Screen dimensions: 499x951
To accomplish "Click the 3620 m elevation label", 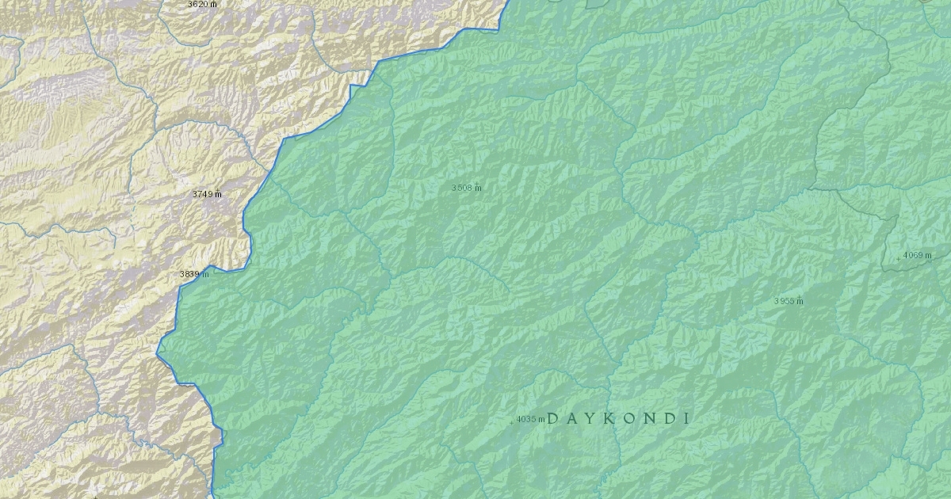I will tap(202, 4).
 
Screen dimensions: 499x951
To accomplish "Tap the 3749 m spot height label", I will tap(207, 194).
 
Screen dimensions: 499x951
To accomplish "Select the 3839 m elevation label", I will tap(194, 274).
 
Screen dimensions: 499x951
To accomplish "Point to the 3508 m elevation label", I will tap(467, 188).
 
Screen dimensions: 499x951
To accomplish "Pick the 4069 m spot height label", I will tap(917, 255).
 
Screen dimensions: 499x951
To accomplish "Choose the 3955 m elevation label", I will tap(789, 301).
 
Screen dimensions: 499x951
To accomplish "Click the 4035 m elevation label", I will tap(529, 419).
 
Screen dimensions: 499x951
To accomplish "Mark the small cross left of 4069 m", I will tap(898, 258).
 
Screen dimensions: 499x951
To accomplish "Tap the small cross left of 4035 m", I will tap(511, 421).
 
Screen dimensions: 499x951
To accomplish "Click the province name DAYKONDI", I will tap(618, 418).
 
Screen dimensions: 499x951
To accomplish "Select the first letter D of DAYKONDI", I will tap(552, 418).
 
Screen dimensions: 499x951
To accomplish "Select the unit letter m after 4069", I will tap(928, 255).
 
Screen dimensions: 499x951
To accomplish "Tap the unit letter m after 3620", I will tap(214, 4).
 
